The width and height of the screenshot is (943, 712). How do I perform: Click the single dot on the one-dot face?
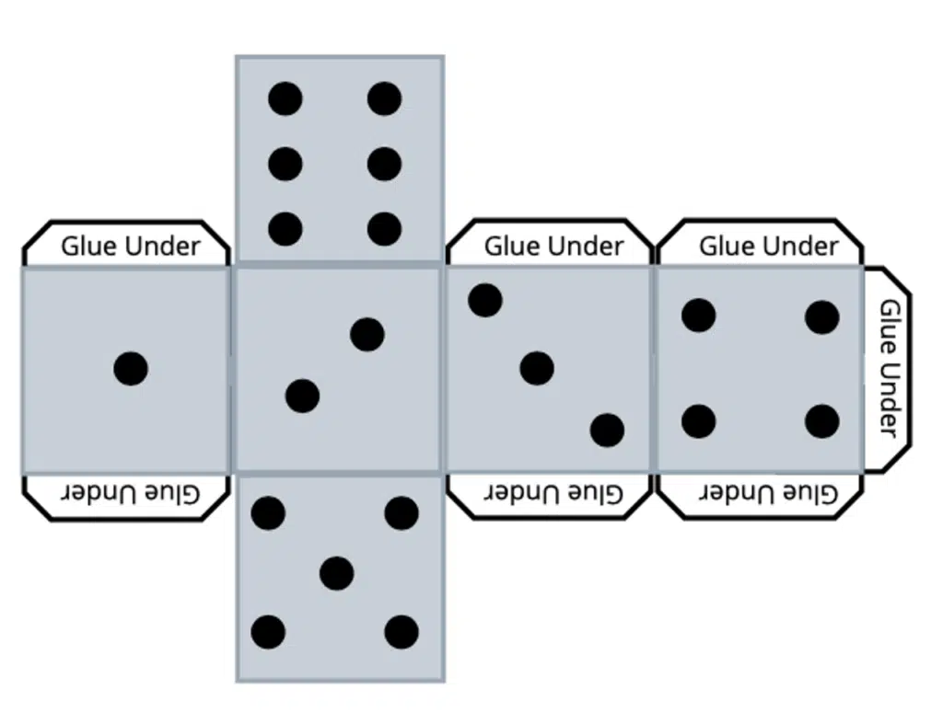click(131, 369)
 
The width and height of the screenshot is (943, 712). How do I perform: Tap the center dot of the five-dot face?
click(337, 573)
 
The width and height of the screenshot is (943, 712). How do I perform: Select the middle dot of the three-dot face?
click(536, 368)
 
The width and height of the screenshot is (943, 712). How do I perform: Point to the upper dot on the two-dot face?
click(367, 334)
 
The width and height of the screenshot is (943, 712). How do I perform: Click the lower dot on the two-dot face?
click(302, 396)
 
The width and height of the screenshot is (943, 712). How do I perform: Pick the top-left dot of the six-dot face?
click(285, 98)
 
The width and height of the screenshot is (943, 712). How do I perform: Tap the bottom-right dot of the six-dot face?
click(384, 229)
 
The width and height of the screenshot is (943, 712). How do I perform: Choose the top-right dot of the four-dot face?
click(821, 317)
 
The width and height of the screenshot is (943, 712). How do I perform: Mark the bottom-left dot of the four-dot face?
click(699, 421)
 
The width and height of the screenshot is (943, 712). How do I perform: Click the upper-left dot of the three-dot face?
click(485, 300)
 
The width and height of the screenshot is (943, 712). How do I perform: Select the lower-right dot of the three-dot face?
click(607, 430)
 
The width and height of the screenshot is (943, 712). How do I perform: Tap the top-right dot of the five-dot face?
click(402, 512)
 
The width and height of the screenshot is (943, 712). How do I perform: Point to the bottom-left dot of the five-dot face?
click(268, 632)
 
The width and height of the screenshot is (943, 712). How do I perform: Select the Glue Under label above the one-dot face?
click(130, 247)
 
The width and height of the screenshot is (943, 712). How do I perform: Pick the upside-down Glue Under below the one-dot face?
click(130, 493)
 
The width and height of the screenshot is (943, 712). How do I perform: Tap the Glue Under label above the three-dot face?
click(553, 247)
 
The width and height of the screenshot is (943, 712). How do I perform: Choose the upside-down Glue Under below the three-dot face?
click(553, 493)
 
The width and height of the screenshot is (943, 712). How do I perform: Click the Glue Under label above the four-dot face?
click(768, 247)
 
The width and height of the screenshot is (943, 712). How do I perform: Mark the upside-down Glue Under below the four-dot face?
click(768, 493)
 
